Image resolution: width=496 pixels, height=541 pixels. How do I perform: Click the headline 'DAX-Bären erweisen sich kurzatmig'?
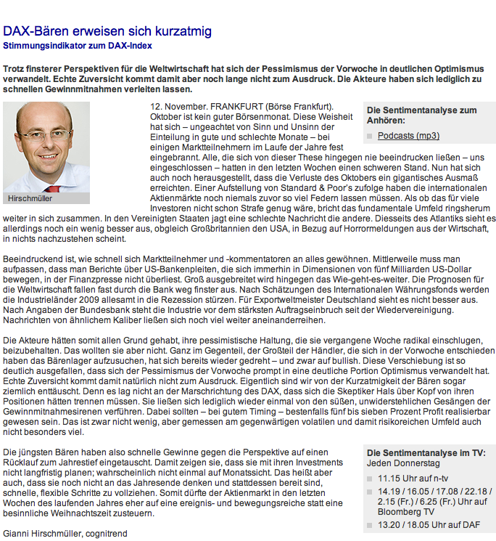click(107, 31)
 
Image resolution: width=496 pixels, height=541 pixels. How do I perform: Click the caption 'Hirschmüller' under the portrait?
click(30, 198)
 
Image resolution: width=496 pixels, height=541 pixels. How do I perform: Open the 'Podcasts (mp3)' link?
click(408, 136)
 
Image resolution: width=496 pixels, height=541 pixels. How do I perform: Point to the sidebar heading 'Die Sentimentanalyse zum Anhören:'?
click(421, 115)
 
